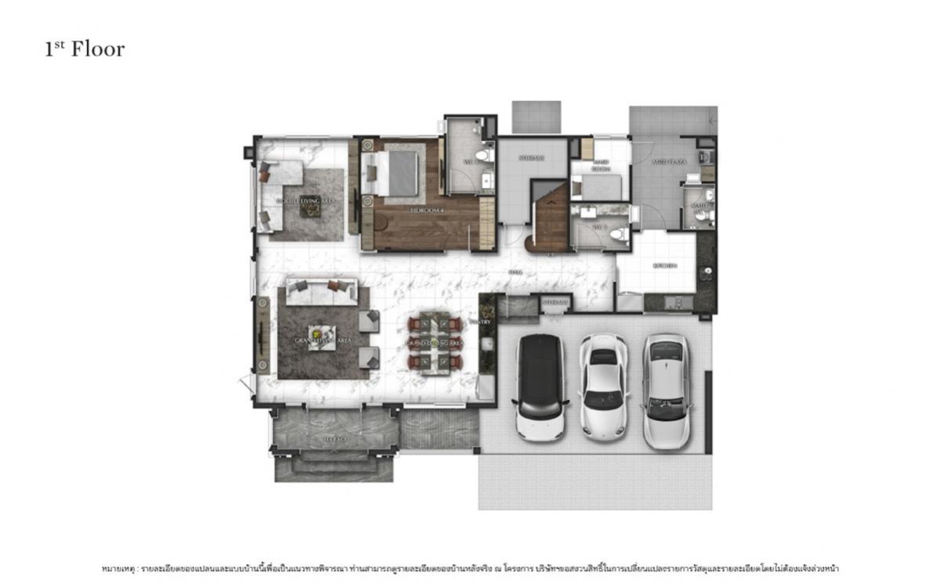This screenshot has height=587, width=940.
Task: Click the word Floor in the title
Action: tap(98, 49)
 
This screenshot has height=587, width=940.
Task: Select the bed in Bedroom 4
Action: tap(396, 172)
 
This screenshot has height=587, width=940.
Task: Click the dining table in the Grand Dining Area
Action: tap(434, 343)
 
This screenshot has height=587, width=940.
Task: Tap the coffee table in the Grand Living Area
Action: tap(322, 334)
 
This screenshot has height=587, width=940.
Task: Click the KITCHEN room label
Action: tap(664, 265)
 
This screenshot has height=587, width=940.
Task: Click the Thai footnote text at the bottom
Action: tap(470, 567)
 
